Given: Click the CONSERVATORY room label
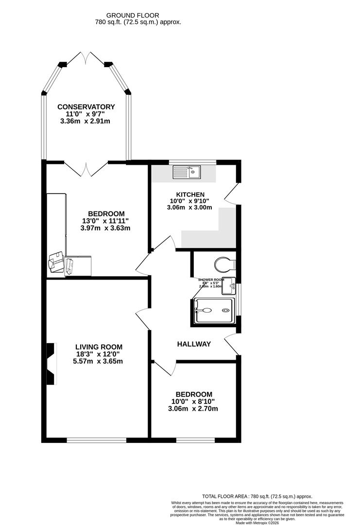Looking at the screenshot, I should (x=86, y=107).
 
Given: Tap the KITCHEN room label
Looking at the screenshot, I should (x=190, y=194).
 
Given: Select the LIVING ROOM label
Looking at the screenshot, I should (x=99, y=347).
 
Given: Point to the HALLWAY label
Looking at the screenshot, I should (x=194, y=344).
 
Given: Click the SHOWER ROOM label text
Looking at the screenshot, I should (x=211, y=280).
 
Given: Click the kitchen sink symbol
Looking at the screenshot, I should (x=187, y=172).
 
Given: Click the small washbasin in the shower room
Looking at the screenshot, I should (x=232, y=285).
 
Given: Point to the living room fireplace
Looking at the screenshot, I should (x=51, y=364).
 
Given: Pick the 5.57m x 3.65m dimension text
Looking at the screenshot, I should (x=99, y=361).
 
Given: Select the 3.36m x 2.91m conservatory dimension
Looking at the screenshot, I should (x=86, y=121).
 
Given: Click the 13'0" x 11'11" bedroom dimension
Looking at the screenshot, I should (x=106, y=221).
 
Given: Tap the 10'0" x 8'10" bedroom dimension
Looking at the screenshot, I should (x=194, y=402).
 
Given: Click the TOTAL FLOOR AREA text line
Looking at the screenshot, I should (x=257, y=496).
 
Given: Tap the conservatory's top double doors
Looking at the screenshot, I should (x=86, y=58).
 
